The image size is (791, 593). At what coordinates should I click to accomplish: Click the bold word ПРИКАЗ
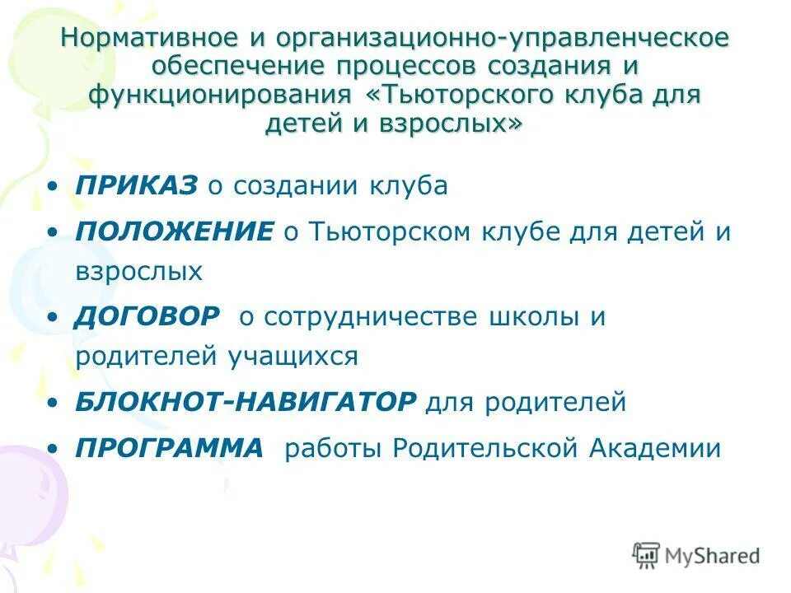pos(137,185)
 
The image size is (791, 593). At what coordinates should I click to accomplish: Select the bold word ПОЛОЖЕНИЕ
pos(174,231)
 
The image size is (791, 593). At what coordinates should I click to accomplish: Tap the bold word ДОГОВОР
pos(148,316)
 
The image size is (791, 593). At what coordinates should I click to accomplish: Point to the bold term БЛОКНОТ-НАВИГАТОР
pos(246,402)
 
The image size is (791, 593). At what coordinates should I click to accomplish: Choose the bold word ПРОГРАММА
pos(170,448)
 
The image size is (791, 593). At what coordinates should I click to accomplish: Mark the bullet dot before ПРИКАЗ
pos(54,187)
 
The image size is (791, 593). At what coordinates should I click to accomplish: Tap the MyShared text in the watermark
pos(713,556)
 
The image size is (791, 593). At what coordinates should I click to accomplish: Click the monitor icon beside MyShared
pos(647,555)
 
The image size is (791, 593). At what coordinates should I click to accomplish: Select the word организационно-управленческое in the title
pos(502,40)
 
